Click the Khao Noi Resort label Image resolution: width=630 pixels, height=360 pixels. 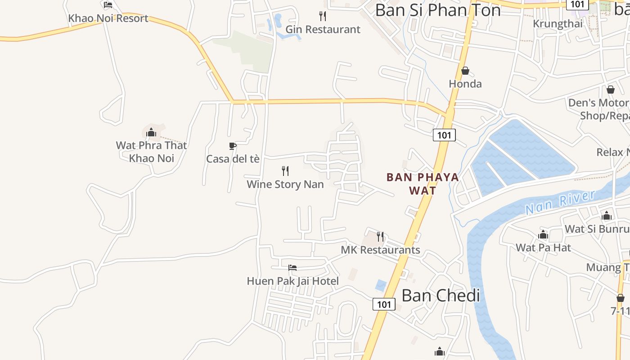[108, 18]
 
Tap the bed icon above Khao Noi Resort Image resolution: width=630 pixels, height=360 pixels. [108, 5]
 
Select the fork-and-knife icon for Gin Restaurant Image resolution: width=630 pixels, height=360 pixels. [323, 16]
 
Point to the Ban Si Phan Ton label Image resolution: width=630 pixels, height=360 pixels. [437, 10]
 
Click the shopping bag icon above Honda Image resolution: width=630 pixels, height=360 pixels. [465, 71]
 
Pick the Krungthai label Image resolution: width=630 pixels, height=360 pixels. [558, 23]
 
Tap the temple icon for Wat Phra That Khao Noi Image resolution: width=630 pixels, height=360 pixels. [151, 132]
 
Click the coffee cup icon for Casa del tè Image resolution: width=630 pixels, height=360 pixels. [233, 146]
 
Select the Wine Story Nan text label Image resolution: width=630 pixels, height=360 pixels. [285, 184]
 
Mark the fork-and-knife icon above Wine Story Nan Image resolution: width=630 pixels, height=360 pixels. [285, 171]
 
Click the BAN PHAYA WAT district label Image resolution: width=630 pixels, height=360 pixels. [423, 184]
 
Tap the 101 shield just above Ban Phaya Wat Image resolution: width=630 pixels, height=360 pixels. [444, 135]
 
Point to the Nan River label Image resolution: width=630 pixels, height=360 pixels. [560, 202]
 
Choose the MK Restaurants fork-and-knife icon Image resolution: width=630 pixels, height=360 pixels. [381, 236]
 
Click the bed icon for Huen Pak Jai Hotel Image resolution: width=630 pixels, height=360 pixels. [292, 268]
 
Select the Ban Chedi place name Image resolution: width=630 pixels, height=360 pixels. [441, 296]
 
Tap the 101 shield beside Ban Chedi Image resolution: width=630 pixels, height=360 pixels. [384, 304]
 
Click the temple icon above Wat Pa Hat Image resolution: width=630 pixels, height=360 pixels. [543, 235]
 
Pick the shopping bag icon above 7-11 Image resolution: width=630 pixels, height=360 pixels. [621, 298]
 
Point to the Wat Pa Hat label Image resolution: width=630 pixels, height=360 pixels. [543, 247]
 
